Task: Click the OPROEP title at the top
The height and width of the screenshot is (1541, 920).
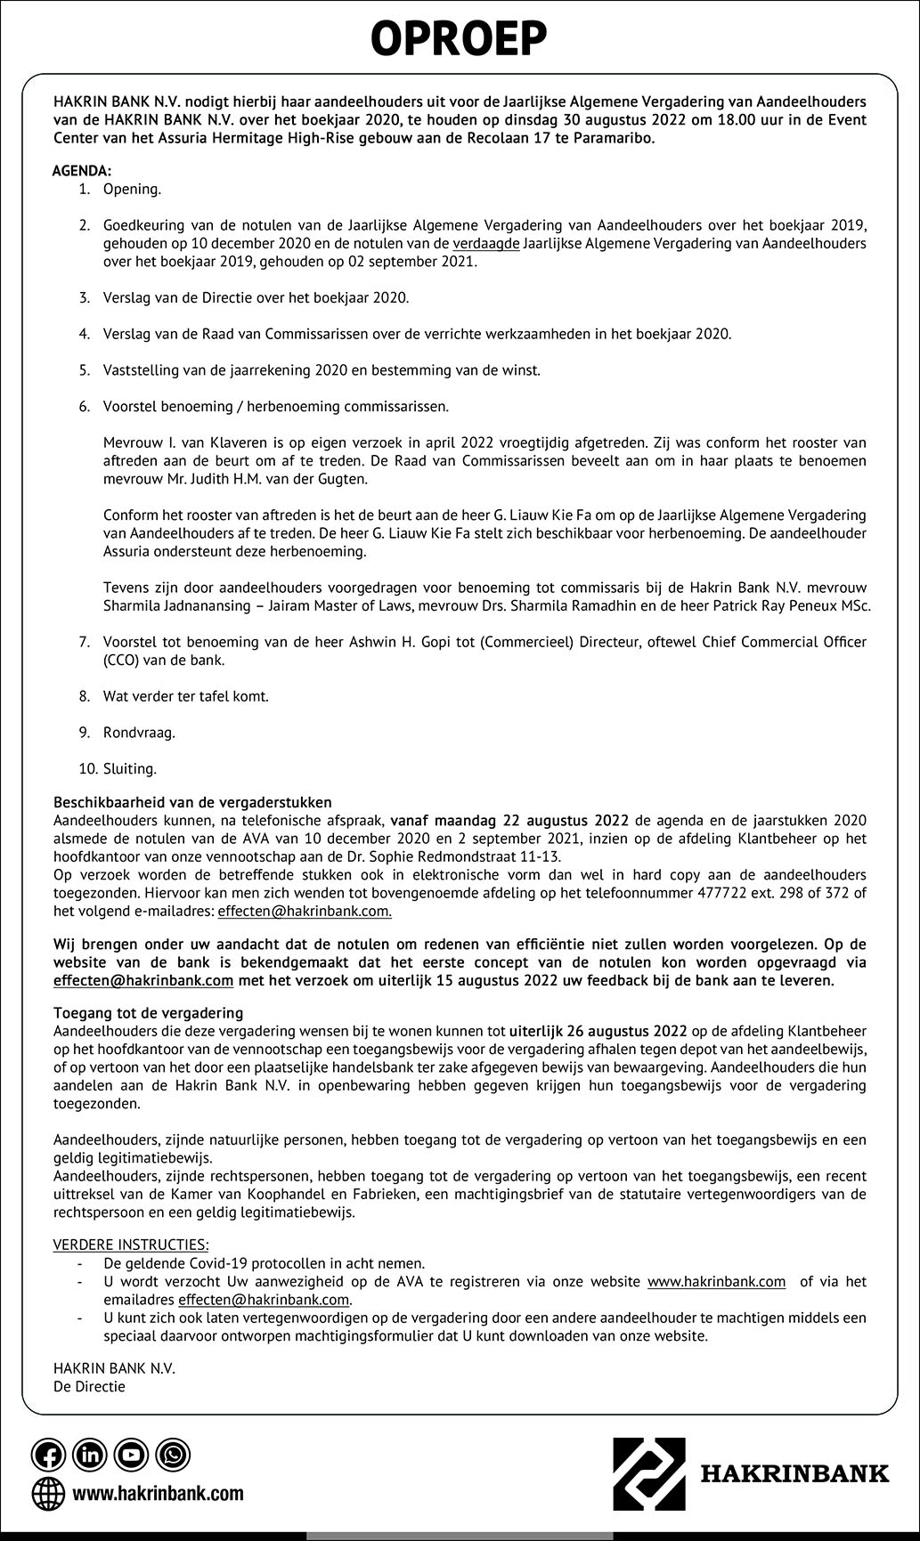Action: coord(459,39)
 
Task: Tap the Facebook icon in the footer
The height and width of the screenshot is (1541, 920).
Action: coord(48,1455)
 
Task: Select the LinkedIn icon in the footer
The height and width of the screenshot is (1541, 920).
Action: coord(90,1455)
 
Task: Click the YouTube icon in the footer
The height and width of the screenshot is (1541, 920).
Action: coord(132,1455)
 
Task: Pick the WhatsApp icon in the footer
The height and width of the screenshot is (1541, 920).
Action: coord(173,1455)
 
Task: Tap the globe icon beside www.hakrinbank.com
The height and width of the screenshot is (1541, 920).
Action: coord(48,1493)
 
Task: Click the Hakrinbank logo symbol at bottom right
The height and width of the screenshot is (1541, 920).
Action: coord(648,1472)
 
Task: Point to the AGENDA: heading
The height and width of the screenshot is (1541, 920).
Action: coord(82,170)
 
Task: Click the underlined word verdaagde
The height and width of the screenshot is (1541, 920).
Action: coord(486,243)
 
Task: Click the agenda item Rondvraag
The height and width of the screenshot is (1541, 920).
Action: coord(139,733)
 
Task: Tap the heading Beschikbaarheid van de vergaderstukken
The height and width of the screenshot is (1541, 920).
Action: coord(192,802)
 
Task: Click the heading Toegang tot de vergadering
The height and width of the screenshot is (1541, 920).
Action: coord(148,1013)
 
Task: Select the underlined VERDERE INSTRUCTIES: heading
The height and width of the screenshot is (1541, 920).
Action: coord(131,1245)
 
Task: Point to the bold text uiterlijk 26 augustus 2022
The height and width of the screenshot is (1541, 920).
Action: coord(598,1031)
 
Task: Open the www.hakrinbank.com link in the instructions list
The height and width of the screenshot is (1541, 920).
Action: coord(716,1281)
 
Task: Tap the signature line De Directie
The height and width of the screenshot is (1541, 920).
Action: coord(89,1386)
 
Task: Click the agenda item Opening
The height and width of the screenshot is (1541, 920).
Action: coord(132,189)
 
